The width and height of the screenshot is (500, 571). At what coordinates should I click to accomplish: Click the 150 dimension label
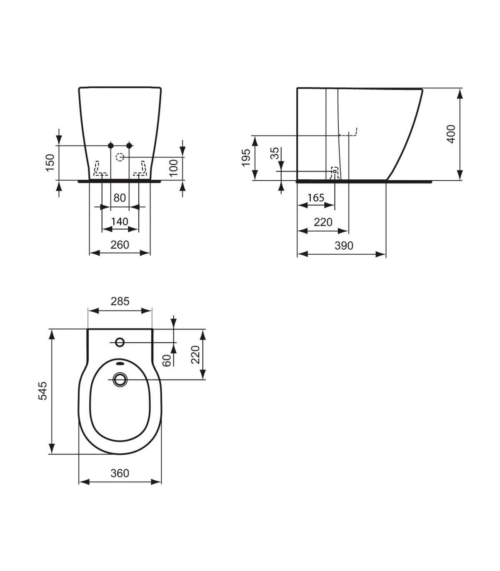pos(50,163)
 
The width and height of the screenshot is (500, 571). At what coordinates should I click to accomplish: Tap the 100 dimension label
pos(174,168)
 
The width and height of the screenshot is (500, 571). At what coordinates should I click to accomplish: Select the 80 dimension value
pos(120,198)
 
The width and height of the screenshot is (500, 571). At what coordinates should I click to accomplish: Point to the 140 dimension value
pos(120,221)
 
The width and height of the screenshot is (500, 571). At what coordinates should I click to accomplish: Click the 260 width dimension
pos(120,245)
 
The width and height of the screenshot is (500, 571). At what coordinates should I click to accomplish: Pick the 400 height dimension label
pos(451,134)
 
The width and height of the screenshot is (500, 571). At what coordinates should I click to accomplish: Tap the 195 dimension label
pos(246,158)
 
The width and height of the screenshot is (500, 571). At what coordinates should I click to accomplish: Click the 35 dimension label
pos(275,153)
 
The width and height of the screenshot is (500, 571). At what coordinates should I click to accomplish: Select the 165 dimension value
pos(316,198)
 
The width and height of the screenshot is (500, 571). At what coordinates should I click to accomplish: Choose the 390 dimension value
pos(344,246)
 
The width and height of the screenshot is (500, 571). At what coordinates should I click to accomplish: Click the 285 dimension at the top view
pos(120,301)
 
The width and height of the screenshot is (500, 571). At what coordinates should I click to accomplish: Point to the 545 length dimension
pos(43,391)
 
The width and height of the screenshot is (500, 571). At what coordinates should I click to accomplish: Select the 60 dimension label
pos(167,360)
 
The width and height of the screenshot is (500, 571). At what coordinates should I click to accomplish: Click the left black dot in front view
pos(110,145)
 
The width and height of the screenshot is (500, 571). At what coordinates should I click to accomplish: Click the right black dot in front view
pos(129,145)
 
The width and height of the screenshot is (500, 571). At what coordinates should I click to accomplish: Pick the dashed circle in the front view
pos(120,157)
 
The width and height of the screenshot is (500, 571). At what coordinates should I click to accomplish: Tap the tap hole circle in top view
pos(120,342)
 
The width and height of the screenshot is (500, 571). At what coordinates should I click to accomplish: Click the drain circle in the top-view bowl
pos(120,380)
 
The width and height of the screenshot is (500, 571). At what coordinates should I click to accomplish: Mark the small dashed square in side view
pos(335,171)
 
